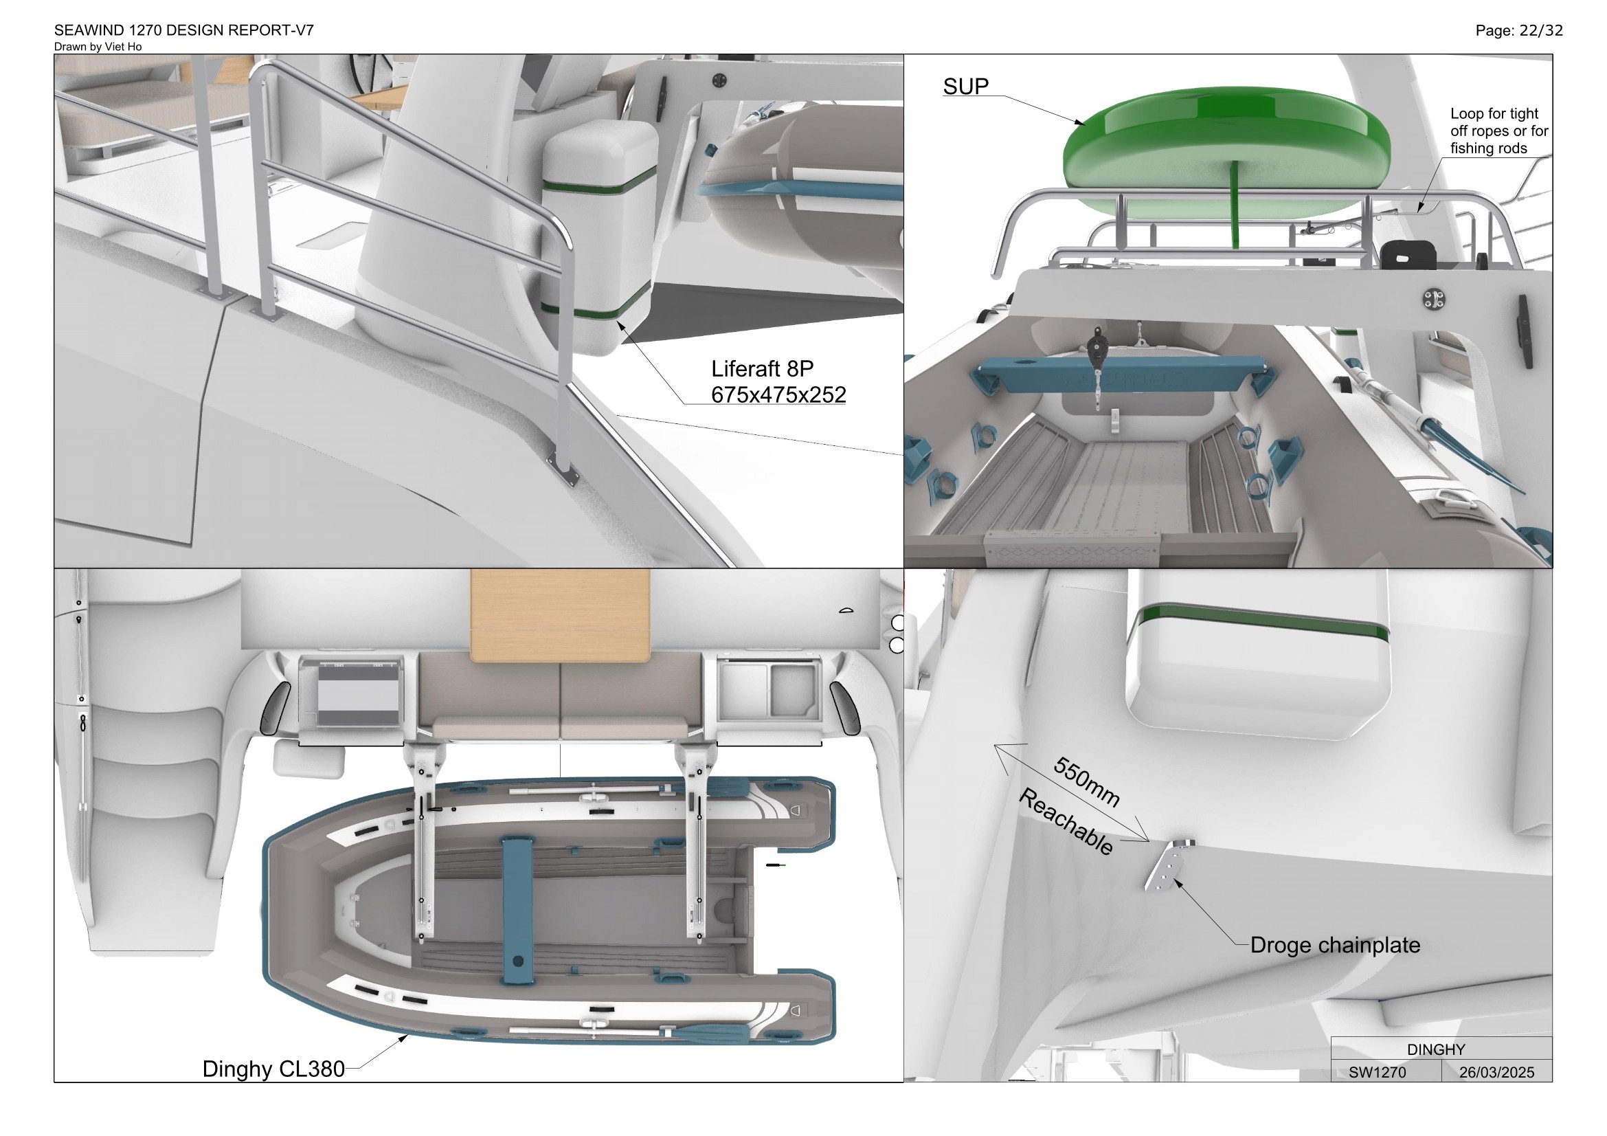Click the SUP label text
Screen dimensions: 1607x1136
[965, 86]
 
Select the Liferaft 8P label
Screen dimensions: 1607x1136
[762, 368]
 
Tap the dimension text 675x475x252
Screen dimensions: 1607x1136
[778, 394]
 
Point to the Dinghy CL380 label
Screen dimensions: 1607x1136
[273, 1069]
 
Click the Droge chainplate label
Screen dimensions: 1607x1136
[1335, 945]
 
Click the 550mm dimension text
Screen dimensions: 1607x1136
[1086, 781]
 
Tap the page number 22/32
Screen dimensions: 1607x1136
[1519, 30]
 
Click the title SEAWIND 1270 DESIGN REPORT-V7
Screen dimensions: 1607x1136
[184, 30]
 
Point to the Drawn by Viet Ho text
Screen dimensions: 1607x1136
[98, 47]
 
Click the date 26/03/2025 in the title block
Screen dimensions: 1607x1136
[1496, 1072]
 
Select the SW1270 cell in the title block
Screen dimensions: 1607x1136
[1377, 1072]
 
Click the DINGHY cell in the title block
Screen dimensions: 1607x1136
[1435, 1049]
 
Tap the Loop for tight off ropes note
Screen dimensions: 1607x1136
[1498, 131]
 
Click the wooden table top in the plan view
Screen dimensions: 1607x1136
[560, 615]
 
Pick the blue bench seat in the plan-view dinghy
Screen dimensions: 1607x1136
[517, 909]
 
